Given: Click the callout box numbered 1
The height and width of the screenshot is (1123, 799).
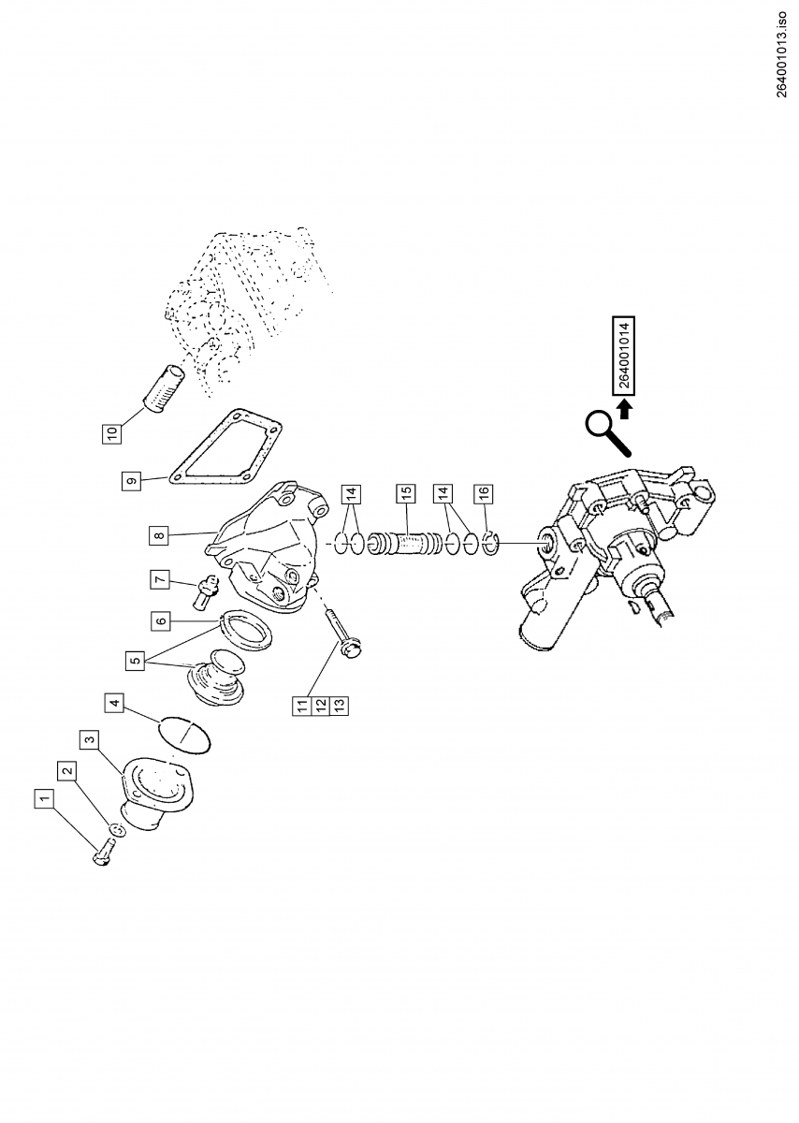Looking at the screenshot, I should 43,798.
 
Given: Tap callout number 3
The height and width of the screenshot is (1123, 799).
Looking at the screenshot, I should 90,740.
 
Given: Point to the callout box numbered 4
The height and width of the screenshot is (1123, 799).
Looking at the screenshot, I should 113,703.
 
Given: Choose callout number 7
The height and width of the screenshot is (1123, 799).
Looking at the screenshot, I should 160,579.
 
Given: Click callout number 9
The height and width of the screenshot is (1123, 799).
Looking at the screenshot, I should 131,480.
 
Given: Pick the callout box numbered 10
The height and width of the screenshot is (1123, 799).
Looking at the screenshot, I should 112,433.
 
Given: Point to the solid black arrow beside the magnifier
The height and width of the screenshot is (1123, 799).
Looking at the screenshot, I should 626,409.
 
